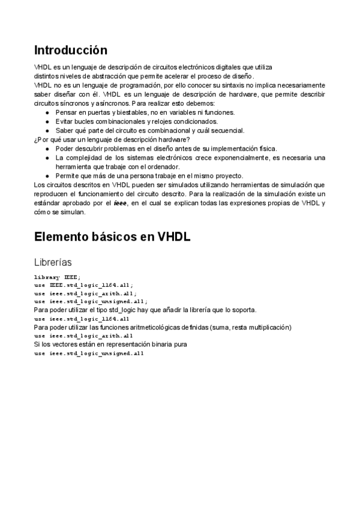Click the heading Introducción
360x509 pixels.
tap(71, 50)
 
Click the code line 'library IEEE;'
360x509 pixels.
tap(57, 277)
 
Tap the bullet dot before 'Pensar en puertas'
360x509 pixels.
tap(48, 112)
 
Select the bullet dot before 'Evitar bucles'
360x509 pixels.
tap(48, 121)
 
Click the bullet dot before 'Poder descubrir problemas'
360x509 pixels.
tap(48, 148)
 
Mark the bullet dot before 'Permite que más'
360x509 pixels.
tap(48, 176)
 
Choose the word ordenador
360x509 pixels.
tap(162, 166)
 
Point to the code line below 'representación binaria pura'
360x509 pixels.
tap(89, 354)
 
